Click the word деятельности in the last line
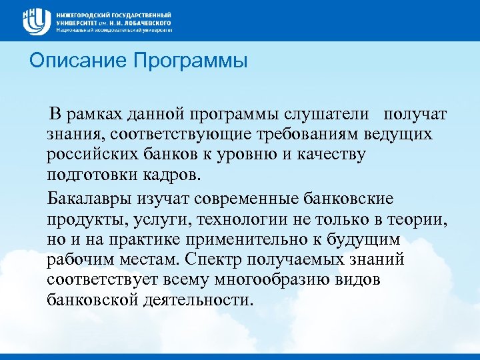pos(198,299)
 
